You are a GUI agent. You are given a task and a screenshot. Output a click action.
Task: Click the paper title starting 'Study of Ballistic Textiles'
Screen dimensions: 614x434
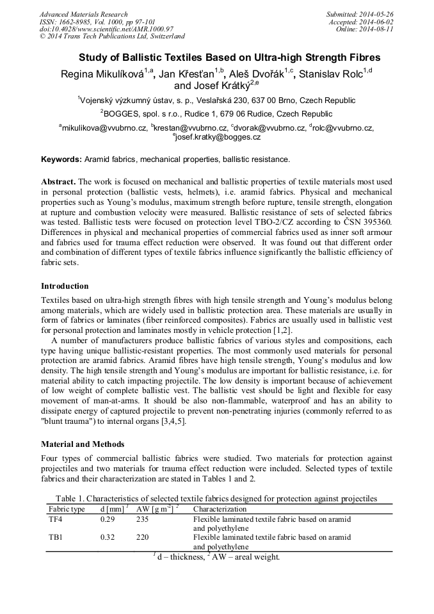coord(216,58)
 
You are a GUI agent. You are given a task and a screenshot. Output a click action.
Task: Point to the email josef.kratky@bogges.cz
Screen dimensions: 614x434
coord(218,137)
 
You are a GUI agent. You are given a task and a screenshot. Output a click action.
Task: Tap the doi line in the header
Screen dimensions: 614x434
coord(106,29)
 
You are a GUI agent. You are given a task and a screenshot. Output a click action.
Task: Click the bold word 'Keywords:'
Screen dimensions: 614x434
coord(61,159)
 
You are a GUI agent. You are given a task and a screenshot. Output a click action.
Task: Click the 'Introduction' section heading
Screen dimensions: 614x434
coord(65,286)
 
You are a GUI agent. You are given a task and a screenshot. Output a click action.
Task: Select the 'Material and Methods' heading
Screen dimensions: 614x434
coord(83,444)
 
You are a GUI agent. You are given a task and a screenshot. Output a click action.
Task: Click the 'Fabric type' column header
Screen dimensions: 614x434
coord(67,509)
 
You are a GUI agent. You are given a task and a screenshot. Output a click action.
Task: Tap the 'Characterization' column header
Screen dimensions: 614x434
coord(220,509)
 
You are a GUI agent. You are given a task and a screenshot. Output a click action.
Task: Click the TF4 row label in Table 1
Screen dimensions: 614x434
coord(56,519)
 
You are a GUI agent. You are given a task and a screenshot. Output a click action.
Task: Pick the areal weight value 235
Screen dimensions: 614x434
coord(142,519)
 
